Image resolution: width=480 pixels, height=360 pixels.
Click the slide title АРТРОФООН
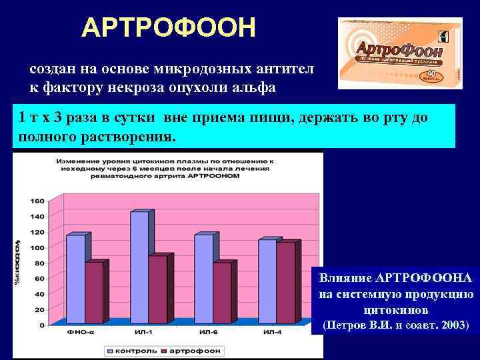point(168,28)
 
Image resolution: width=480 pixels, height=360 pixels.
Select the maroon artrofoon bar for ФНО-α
point(94,293)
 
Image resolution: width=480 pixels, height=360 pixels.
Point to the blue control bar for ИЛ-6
point(203,279)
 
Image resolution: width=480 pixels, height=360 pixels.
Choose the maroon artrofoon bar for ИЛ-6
point(221,293)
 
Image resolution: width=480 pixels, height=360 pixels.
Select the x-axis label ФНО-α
point(79,333)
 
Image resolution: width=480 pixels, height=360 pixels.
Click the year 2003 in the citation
point(453,327)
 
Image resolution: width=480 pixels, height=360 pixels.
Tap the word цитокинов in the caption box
point(395,311)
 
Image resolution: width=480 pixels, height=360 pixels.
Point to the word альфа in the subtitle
point(256,87)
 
